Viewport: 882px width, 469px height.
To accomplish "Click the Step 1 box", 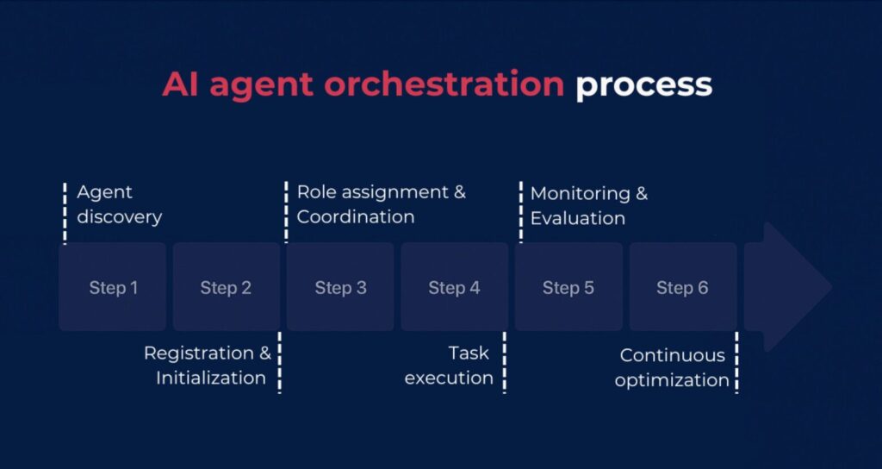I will [112, 287].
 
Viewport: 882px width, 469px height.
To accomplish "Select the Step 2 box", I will [226, 287].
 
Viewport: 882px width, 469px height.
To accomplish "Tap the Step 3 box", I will [340, 287].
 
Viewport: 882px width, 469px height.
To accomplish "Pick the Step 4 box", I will [454, 287].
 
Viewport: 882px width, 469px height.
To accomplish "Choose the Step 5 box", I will [568, 287].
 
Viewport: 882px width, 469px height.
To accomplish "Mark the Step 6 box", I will [682, 287].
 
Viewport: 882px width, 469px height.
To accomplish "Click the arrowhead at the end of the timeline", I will [797, 287].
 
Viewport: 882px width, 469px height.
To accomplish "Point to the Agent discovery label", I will [119, 204].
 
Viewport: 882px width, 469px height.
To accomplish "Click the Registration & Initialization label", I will [208, 366].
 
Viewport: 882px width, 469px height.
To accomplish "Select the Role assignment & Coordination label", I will [381, 204].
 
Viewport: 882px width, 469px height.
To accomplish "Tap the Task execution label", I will [449, 366].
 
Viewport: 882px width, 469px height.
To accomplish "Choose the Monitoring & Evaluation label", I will [588, 205].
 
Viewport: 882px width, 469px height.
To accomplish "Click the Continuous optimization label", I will [672, 367].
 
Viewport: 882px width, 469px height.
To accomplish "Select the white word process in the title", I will [643, 85].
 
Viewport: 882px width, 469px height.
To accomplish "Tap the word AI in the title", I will [182, 84].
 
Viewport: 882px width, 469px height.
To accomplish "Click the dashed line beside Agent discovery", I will [65, 213].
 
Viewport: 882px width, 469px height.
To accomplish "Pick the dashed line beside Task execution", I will [505, 362].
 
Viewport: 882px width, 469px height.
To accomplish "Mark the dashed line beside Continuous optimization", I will [736, 362].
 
